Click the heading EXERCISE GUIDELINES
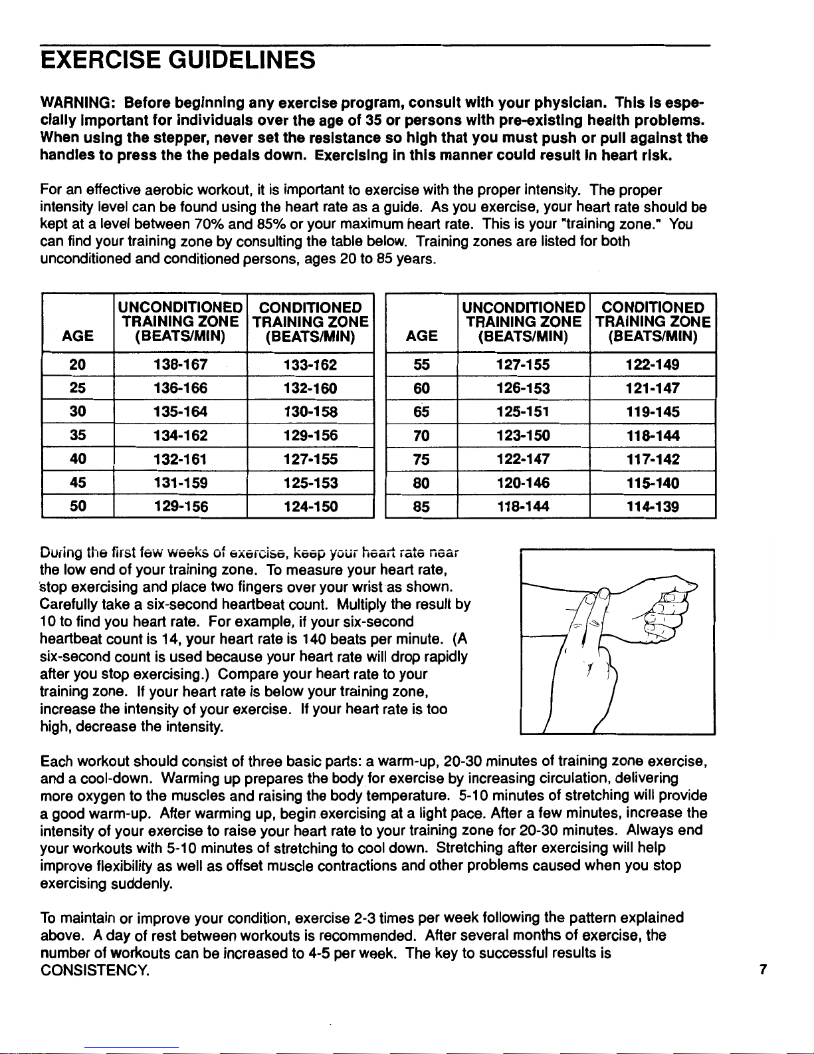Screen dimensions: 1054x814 click(x=177, y=61)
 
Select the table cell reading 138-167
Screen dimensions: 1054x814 click(x=180, y=365)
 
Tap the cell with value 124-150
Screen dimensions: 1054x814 click(x=310, y=507)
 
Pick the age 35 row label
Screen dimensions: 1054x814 click(x=78, y=436)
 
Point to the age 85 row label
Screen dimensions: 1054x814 click(x=421, y=507)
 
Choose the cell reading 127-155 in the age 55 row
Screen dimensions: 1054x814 click(x=523, y=365)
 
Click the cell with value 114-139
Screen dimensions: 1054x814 click(x=653, y=507)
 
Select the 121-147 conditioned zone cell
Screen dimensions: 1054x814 click(x=653, y=388)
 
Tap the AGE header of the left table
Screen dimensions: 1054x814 click(x=78, y=336)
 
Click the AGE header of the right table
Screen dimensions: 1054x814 click(x=421, y=336)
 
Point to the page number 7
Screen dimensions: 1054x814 click(x=763, y=970)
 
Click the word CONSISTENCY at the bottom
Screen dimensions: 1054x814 click(x=94, y=970)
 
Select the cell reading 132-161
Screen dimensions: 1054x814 click(x=180, y=460)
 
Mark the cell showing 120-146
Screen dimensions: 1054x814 click(x=523, y=483)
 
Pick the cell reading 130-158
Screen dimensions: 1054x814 click(x=310, y=412)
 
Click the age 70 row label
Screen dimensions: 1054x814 click(x=421, y=436)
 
